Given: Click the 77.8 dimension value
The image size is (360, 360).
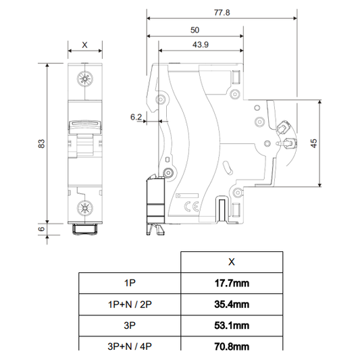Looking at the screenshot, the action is tap(222, 12).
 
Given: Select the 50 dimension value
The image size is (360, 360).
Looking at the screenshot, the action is tap(195, 30).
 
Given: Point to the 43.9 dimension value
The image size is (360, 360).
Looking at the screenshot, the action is tap(201, 45).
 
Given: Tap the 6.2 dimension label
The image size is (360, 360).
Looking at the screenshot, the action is tap(136, 117).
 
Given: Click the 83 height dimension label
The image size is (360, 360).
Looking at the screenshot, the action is tap(42, 143).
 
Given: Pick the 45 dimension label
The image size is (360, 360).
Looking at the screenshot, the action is tap(313, 143).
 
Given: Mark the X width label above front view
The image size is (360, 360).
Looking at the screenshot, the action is tap(84, 45).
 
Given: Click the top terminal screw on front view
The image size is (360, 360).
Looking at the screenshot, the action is tap(85, 79).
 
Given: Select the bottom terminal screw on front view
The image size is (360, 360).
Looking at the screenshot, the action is tap(85, 208).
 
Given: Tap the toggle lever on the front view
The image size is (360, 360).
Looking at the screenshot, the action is tap(85, 127).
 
